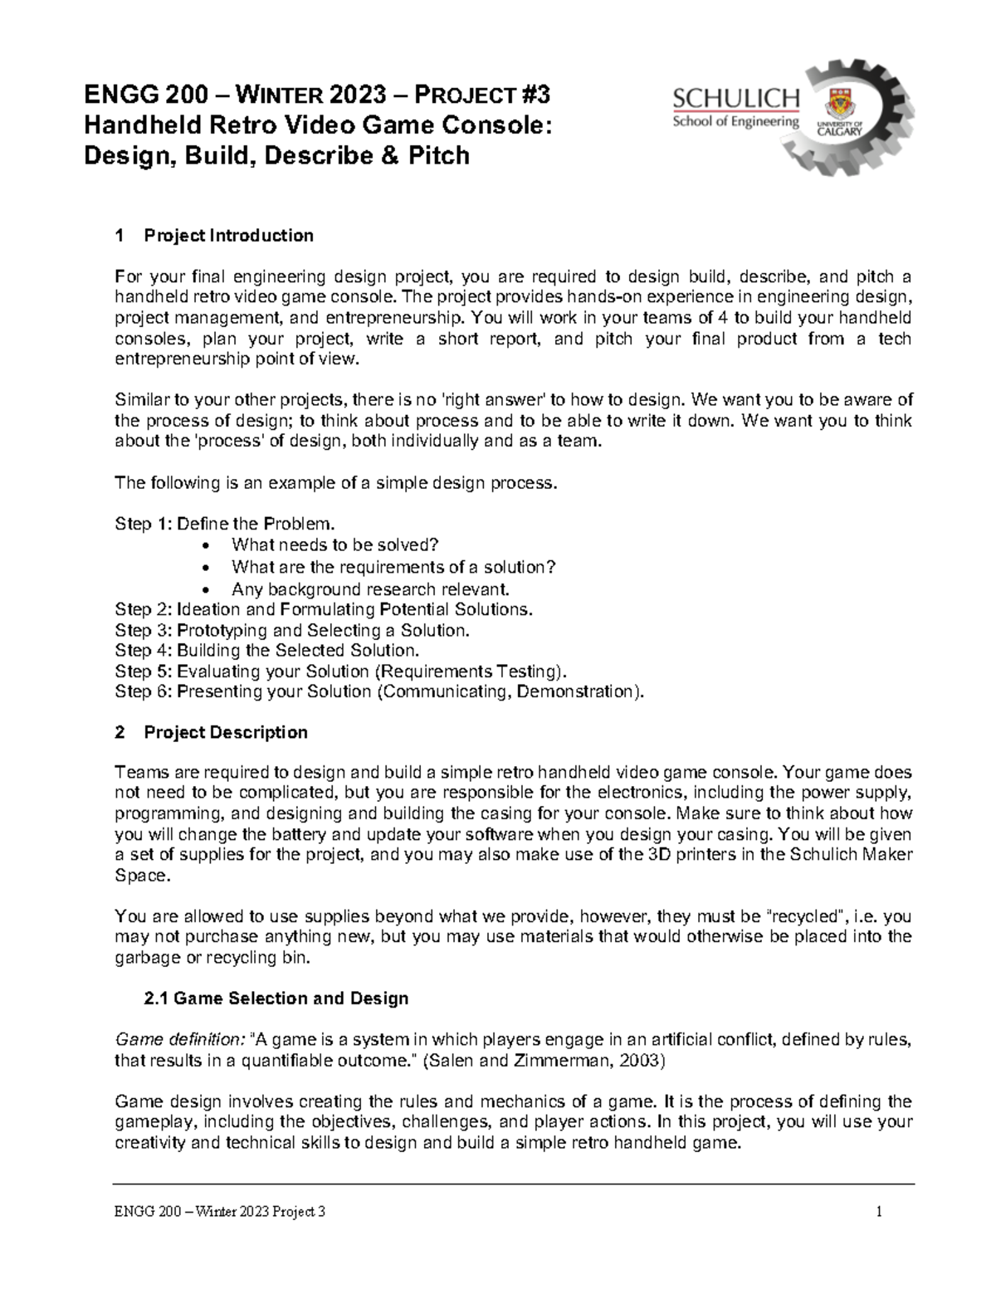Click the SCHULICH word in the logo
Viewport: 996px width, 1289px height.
[735, 100]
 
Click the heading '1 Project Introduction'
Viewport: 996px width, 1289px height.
[216, 236]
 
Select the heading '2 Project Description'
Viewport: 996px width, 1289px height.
[212, 732]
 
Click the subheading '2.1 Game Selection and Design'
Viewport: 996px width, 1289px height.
[276, 998]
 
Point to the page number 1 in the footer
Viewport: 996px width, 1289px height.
[877, 1213]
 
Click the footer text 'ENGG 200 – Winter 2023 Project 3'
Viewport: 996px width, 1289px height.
[220, 1213]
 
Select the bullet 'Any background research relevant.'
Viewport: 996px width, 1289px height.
[369, 589]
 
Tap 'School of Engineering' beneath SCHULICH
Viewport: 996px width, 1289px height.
[735, 122]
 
